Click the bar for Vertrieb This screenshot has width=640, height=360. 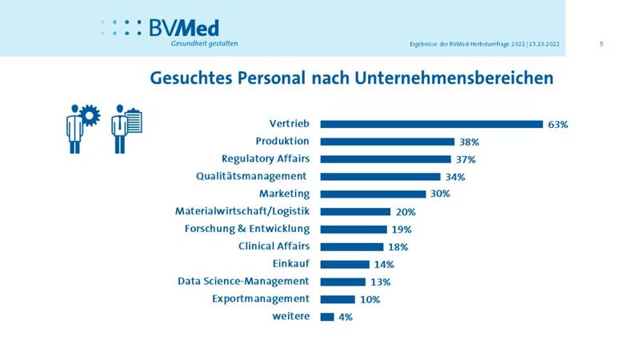click(x=431, y=124)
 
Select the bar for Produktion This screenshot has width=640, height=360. click(x=386, y=142)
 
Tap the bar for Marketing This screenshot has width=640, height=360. click(x=373, y=194)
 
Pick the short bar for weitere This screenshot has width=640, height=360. click(x=327, y=317)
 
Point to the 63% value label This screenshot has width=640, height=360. click(x=558, y=124)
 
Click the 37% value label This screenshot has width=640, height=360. click(x=465, y=159)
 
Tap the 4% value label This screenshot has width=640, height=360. click(x=345, y=317)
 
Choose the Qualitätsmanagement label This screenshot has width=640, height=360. click(x=252, y=176)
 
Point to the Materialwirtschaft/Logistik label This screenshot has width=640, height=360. click(x=242, y=211)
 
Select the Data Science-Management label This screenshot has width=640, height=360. click(x=243, y=281)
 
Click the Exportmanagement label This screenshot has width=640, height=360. click(x=261, y=298)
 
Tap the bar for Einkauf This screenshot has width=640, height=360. click(x=345, y=264)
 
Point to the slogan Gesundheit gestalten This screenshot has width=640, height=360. click(x=204, y=44)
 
